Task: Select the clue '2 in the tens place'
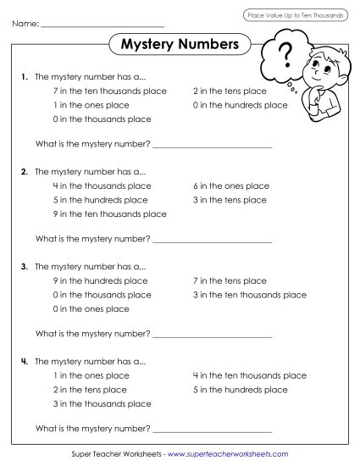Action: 230,91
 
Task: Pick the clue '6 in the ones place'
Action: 231,186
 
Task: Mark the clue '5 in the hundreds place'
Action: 241,390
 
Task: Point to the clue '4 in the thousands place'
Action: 102,186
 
